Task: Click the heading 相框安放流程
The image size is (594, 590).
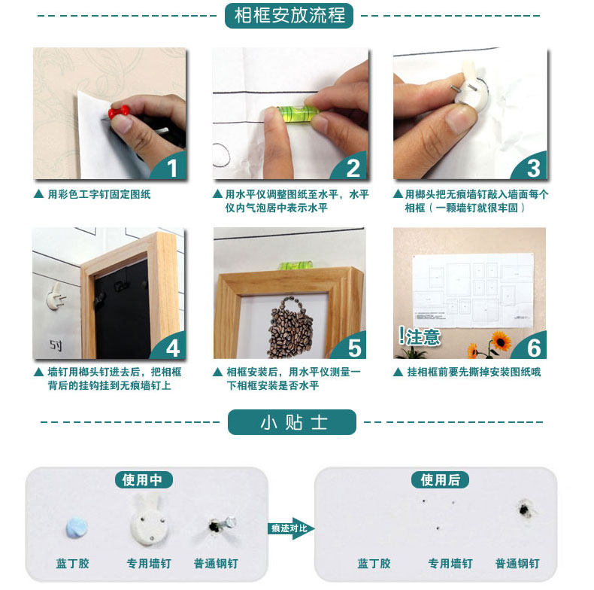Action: click(289, 16)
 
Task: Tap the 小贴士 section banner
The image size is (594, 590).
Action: click(292, 422)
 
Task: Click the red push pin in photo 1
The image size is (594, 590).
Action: click(120, 113)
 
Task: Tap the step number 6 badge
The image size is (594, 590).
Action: click(532, 348)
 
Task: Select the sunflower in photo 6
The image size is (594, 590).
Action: click(500, 342)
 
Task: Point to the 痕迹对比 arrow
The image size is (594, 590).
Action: click(289, 528)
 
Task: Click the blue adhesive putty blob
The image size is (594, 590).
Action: click(75, 527)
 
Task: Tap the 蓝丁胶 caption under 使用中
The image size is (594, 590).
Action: click(72, 563)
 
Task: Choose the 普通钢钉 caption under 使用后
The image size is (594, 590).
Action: click(517, 563)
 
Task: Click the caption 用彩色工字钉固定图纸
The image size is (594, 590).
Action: click(98, 194)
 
